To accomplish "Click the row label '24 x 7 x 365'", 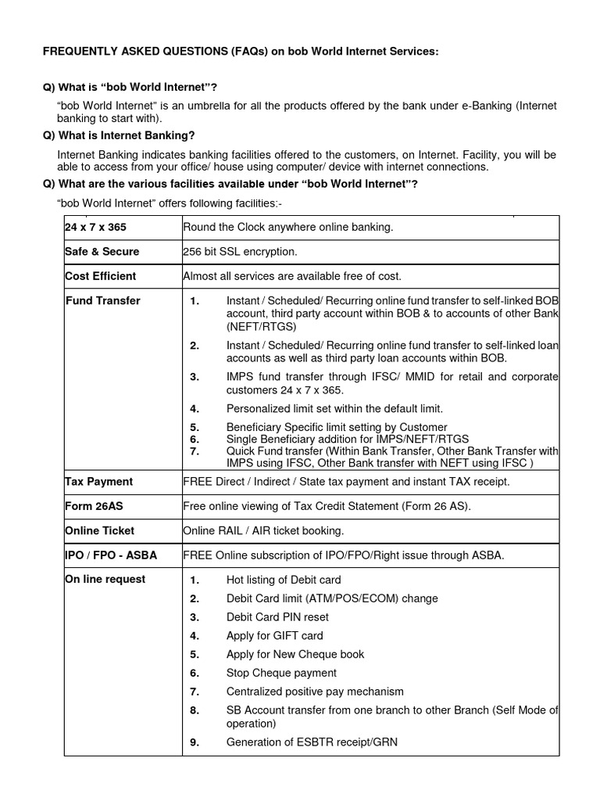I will tap(95, 227).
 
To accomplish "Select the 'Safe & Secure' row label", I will tap(102, 251).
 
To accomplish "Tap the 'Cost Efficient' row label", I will tap(101, 275).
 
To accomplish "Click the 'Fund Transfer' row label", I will tap(103, 300).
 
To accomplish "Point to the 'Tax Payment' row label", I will tap(99, 481).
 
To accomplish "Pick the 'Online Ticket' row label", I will tap(100, 530).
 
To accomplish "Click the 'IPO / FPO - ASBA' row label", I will tap(111, 555).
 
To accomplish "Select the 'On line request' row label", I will tap(105, 580).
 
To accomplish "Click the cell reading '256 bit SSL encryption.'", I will tap(240, 251).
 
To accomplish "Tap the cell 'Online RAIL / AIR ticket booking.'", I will tap(263, 530).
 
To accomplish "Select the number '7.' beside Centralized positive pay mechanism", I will tap(195, 691).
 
